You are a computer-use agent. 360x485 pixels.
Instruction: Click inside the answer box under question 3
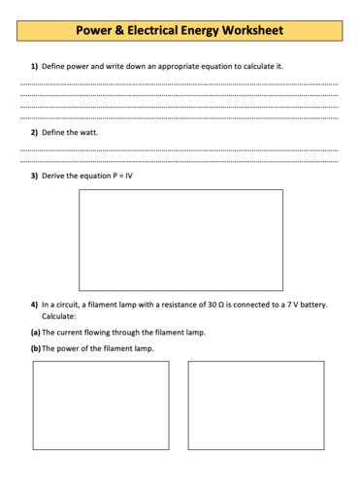[180, 240]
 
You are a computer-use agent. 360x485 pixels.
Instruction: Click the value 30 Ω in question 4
[216, 305]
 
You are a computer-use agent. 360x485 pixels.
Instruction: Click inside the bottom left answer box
[100, 405]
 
